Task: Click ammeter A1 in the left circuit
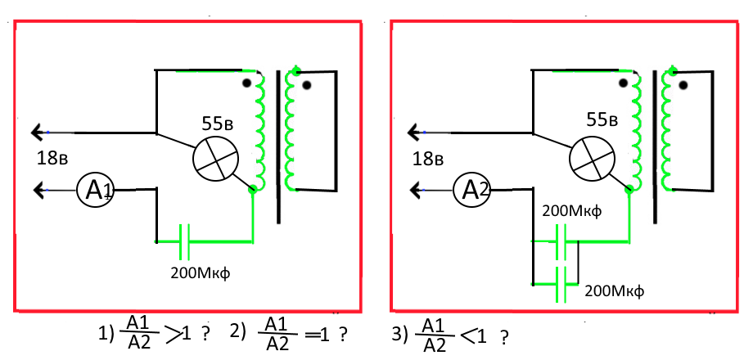(x=95, y=191)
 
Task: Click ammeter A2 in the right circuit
(x=472, y=191)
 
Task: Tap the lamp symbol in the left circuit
(x=215, y=160)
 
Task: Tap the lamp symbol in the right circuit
(x=592, y=160)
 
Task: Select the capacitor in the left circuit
(x=185, y=241)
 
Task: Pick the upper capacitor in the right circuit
(x=561, y=241)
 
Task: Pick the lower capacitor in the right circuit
(x=561, y=284)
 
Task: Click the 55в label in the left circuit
(x=218, y=124)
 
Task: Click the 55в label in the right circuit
(x=594, y=121)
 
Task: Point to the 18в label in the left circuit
(x=52, y=159)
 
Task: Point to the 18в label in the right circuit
(x=429, y=159)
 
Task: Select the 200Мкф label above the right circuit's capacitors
(x=571, y=211)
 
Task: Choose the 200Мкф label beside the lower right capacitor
(x=614, y=291)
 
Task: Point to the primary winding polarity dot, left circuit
(x=247, y=83)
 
